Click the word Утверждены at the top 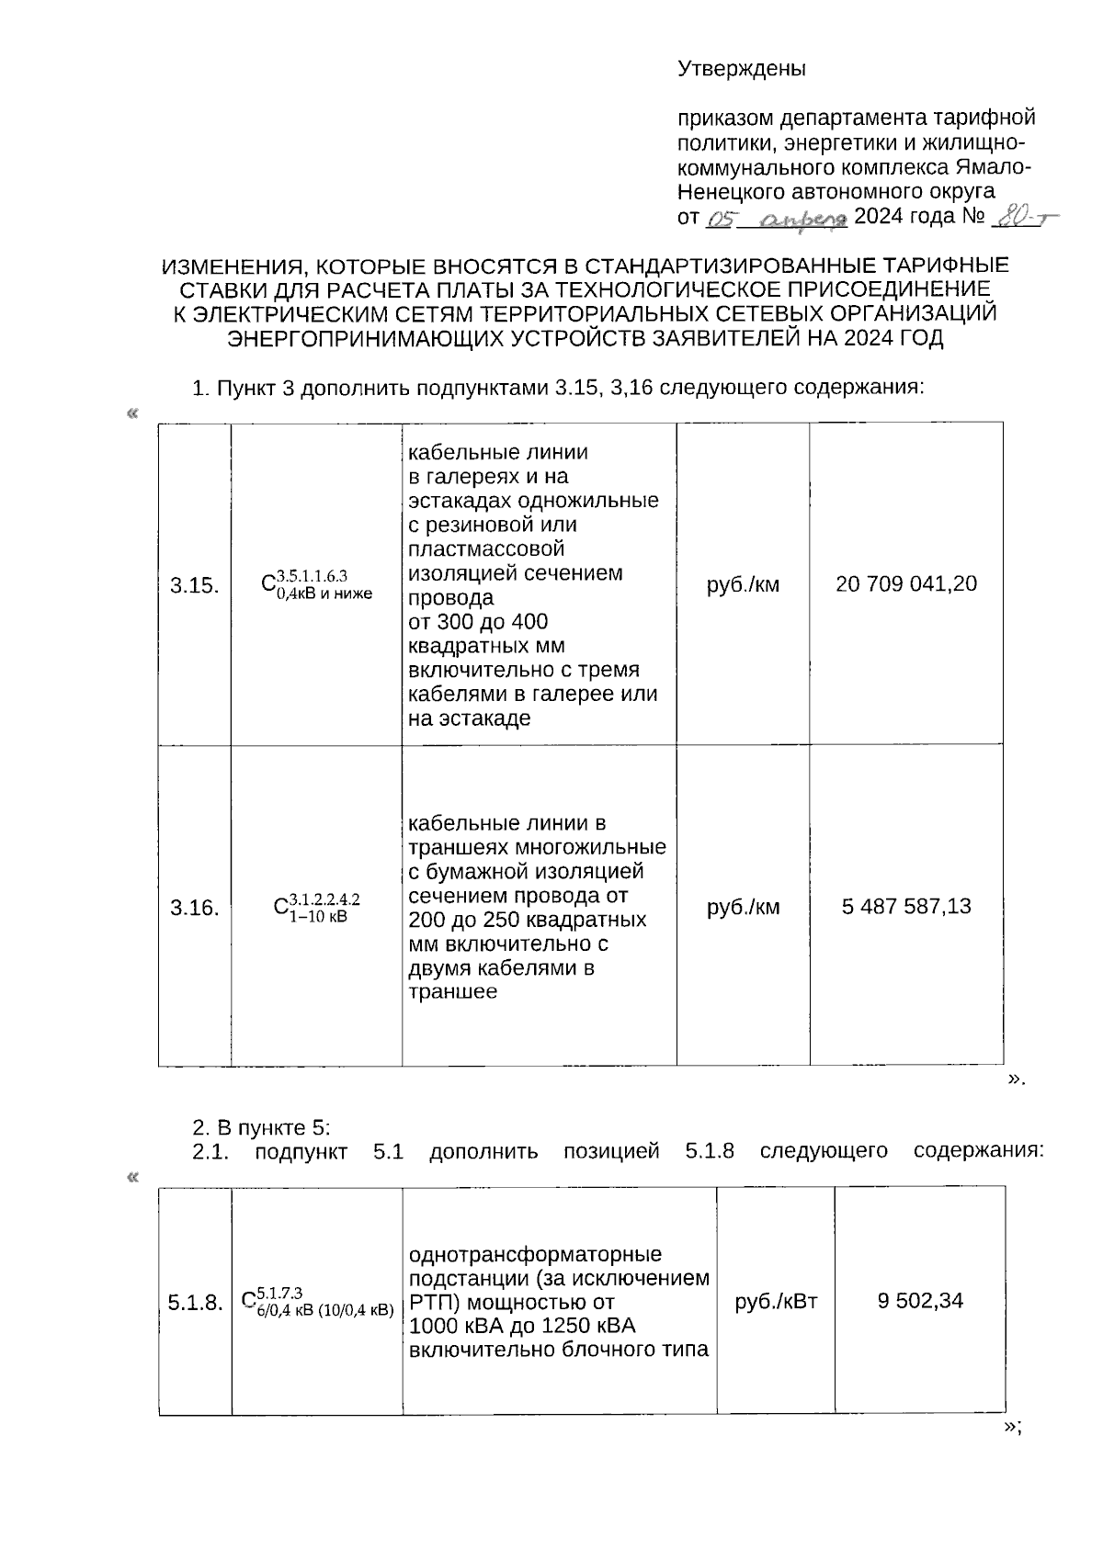(x=741, y=69)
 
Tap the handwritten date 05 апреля (x=777, y=219)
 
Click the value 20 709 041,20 (x=906, y=583)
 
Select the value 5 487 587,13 (x=906, y=907)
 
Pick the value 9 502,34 (x=920, y=1301)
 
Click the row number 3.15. (x=194, y=585)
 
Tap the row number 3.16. (x=194, y=909)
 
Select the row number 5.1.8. (x=195, y=1303)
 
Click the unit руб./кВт (x=776, y=1301)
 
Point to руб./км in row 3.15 (x=743, y=584)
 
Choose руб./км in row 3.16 (x=743, y=908)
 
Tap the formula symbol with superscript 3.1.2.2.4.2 (x=316, y=907)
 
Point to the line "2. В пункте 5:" (x=260, y=1127)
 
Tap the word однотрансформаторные (x=535, y=1255)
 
